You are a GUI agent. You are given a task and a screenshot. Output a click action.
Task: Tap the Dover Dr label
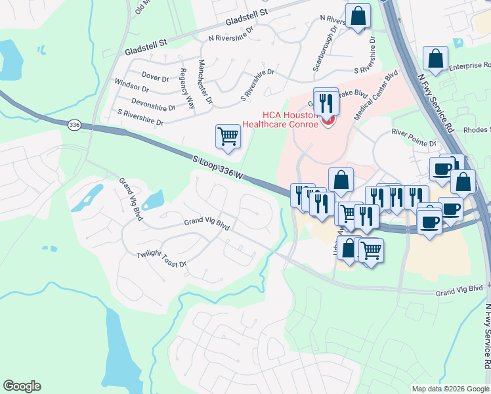point(155,77)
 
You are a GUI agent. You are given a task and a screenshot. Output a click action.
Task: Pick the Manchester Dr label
point(205,81)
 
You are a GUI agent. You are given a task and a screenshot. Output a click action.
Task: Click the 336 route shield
point(74,124)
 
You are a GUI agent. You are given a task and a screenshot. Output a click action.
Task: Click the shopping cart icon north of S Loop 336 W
point(228,136)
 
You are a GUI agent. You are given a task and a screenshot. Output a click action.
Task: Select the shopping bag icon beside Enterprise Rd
point(435,58)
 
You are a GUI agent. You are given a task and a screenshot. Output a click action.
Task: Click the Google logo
point(22,386)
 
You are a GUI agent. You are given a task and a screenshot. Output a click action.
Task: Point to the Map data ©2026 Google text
point(450,389)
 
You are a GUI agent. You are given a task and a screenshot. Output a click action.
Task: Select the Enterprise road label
point(469,66)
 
